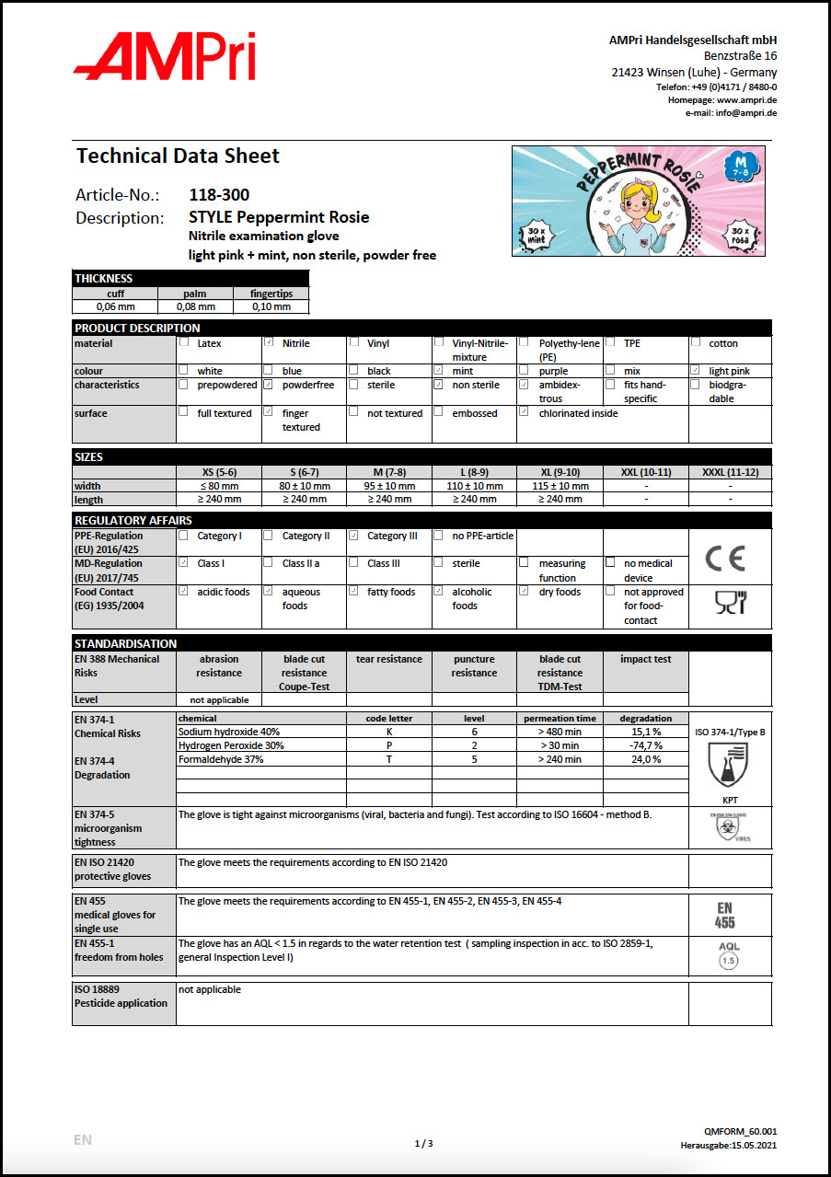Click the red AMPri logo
coord(164,56)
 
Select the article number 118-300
coord(219,195)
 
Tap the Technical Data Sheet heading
coord(178,156)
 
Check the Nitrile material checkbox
coord(269,342)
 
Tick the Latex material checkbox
coord(184,342)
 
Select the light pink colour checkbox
coord(696,371)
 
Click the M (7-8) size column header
coord(389,472)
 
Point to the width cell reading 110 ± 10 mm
coord(474,486)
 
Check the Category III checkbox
coord(354,536)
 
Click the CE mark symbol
coord(725,558)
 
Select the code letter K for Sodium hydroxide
coord(389,732)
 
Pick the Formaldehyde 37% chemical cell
coord(221,759)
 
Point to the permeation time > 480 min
coord(560,732)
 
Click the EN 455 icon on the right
coord(725,916)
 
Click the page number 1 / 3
coord(423,1143)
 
